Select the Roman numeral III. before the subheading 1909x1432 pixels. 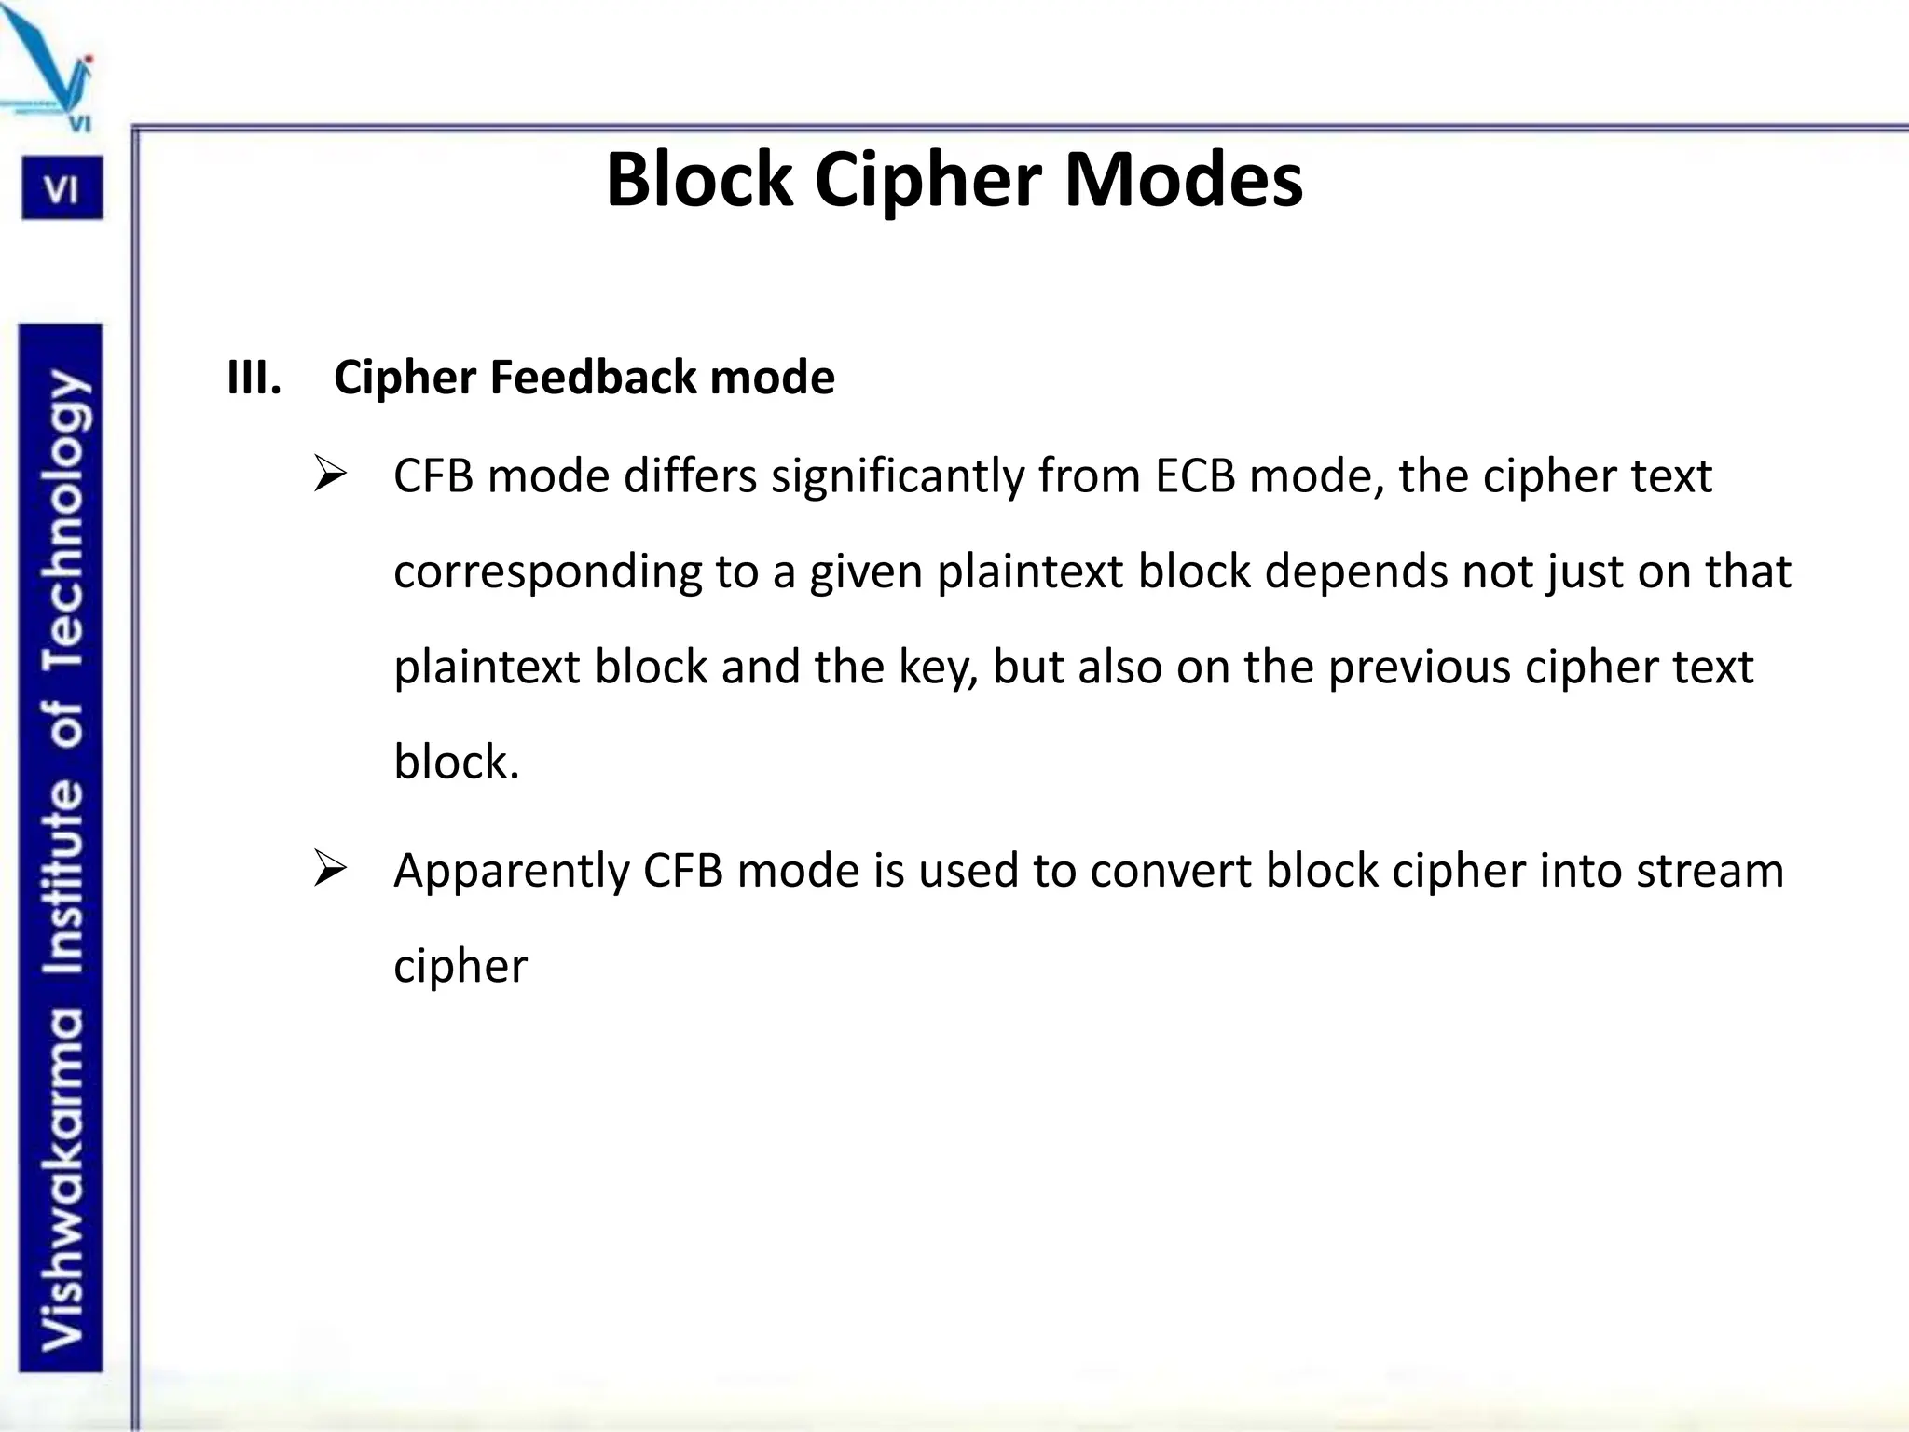coord(254,378)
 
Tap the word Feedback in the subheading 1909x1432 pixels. coord(593,378)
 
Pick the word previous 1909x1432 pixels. coord(1418,668)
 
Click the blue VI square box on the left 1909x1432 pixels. coord(62,189)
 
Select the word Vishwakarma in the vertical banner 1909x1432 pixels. coord(63,1179)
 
